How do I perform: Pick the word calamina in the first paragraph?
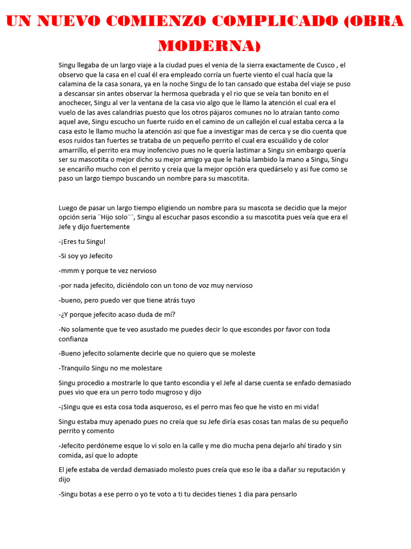pyautogui.click(x=74, y=84)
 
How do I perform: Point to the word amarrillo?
pyautogui.click(x=75, y=150)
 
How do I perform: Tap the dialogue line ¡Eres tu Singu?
pyautogui.click(x=82, y=241)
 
